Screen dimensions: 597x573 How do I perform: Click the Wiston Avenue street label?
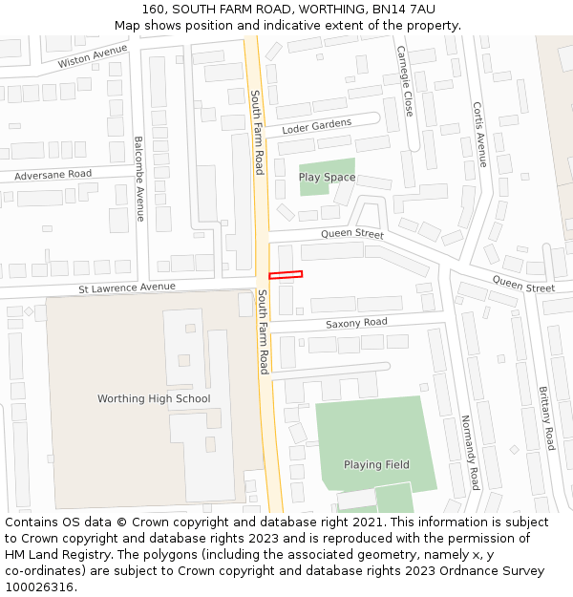point(93,55)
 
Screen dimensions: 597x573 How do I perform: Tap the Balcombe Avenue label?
point(139,178)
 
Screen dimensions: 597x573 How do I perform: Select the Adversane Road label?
point(53,175)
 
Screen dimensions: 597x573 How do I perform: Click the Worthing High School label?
point(154,398)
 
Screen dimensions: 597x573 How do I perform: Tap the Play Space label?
point(327,178)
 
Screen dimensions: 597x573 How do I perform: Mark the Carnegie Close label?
point(405,81)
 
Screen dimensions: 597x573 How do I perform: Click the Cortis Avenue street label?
point(479,135)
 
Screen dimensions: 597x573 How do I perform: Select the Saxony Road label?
point(356,323)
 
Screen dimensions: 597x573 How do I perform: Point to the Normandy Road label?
point(469,452)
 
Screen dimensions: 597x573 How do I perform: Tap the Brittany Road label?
point(545,418)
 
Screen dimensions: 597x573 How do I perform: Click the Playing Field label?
point(376,465)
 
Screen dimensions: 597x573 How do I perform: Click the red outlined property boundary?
point(286,275)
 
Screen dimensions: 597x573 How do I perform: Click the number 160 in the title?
point(154,9)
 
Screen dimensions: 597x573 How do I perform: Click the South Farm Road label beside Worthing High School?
point(263,331)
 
